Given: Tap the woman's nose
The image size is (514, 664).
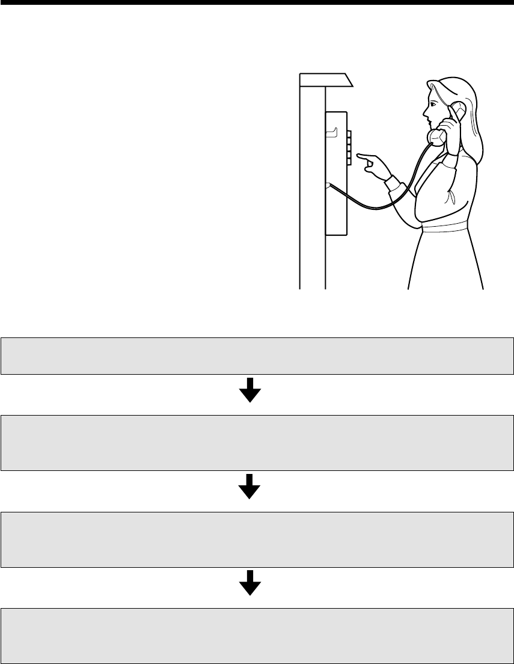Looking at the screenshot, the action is point(425,111).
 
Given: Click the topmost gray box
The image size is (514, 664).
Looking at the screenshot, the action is point(257,356).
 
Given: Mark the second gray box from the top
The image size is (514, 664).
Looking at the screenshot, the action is point(257,441).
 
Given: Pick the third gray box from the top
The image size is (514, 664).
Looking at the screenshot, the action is point(257,539).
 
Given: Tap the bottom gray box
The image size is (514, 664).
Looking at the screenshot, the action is point(257,636).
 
